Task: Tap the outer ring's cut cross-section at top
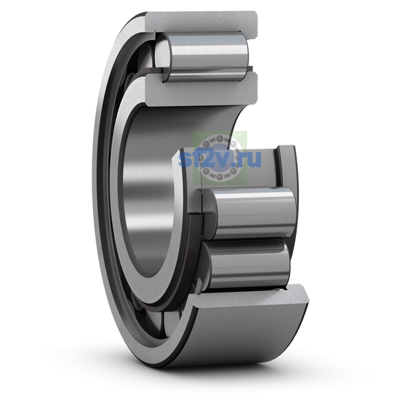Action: (202, 23)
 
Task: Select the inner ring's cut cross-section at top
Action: (202, 89)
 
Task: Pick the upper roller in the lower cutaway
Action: (249, 213)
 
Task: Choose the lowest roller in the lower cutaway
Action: (245, 264)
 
